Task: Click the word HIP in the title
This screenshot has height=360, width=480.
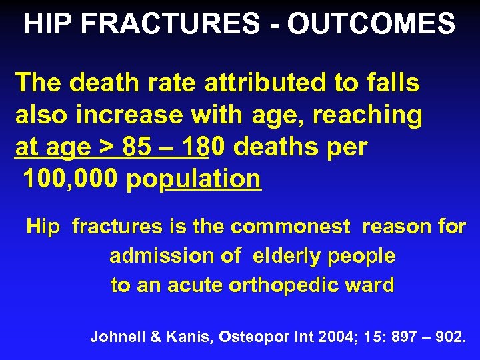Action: coord(45,25)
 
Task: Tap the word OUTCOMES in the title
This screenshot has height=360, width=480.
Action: coord(371,25)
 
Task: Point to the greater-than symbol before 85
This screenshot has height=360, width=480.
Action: coord(107,147)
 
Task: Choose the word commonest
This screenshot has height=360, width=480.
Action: coord(290,227)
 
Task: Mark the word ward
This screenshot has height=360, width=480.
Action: coord(374,285)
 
